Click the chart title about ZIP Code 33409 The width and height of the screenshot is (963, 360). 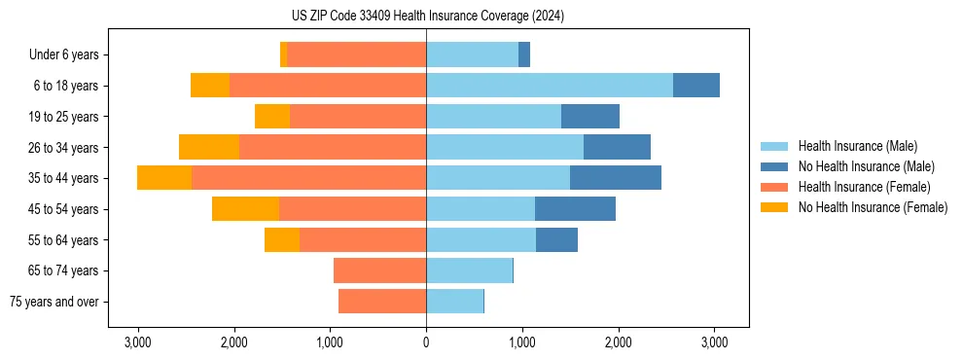(x=426, y=17)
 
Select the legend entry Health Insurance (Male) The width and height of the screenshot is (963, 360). (x=857, y=146)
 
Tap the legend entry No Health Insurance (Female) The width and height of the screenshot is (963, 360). (x=873, y=207)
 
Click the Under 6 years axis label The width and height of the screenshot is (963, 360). (x=69, y=55)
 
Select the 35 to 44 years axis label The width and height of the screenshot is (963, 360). (x=65, y=178)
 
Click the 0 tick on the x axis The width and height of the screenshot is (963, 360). (x=426, y=342)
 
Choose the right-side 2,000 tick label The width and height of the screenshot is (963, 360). (x=619, y=342)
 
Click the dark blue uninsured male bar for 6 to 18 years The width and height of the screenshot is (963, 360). (x=696, y=86)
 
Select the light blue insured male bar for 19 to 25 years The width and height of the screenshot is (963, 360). (x=493, y=117)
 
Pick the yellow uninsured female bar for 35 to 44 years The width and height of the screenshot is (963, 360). (x=164, y=178)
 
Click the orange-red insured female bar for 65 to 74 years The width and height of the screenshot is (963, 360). (x=379, y=270)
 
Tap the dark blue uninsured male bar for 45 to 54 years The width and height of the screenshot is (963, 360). (x=575, y=209)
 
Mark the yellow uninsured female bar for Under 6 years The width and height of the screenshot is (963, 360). (x=283, y=55)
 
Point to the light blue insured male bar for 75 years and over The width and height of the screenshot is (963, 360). (x=454, y=302)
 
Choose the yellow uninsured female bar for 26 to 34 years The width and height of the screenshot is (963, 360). (x=209, y=147)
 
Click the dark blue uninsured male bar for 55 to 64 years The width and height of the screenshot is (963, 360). (x=556, y=239)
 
